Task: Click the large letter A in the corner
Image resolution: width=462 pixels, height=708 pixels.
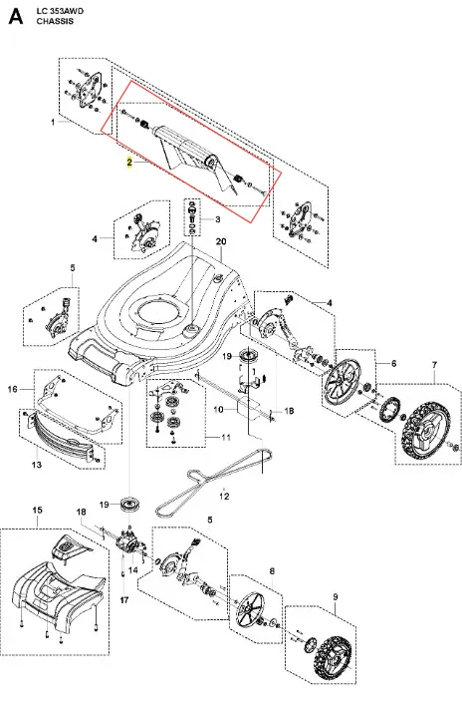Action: (16, 17)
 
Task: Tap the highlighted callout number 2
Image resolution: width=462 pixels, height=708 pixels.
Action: (129, 163)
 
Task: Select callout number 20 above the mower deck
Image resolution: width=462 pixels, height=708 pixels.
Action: (221, 241)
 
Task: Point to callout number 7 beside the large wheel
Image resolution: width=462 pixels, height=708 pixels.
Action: (434, 364)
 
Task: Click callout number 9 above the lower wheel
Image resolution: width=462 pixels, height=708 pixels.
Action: (336, 597)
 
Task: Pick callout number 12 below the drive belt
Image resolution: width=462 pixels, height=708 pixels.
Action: (224, 497)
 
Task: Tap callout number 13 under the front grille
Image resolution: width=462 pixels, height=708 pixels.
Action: (37, 464)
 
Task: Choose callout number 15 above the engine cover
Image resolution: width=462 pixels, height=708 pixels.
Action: (38, 510)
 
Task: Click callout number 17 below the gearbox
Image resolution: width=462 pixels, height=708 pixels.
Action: (124, 600)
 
